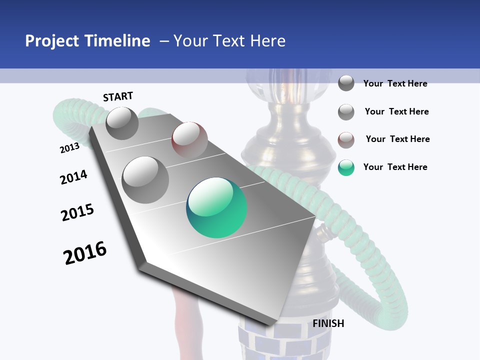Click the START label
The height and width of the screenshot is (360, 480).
(118, 96)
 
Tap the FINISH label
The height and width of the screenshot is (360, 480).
(328, 323)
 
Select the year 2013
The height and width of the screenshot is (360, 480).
(69, 148)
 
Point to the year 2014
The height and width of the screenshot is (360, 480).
(73, 177)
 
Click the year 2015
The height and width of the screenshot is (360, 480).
(77, 212)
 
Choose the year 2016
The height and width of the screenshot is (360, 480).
(85, 252)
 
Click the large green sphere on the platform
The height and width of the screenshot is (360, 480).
(216, 207)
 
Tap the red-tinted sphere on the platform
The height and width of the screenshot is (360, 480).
(189, 140)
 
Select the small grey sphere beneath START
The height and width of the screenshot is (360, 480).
(122, 123)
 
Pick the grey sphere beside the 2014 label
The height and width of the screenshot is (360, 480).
(145, 179)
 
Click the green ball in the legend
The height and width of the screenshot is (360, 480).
(346, 167)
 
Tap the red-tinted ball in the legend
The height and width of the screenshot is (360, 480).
(346, 140)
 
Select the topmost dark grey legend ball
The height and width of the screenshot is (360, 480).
(346, 83)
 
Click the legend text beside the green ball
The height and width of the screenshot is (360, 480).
(395, 167)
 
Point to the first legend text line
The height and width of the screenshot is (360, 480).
(395, 83)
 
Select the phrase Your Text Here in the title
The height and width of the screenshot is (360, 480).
(229, 41)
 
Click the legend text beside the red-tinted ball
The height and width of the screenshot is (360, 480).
(397, 139)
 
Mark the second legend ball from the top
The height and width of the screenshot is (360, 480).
(346, 112)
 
